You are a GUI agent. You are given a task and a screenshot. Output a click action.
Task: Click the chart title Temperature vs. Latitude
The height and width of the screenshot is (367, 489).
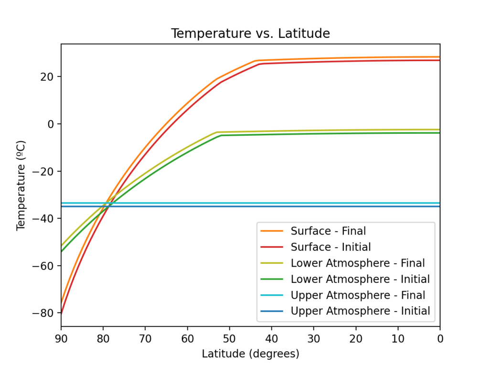(x=250, y=34)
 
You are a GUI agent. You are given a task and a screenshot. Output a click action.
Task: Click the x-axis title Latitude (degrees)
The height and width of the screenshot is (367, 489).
(x=250, y=354)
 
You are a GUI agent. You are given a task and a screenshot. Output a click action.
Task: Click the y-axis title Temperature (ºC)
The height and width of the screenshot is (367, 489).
(x=21, y=185)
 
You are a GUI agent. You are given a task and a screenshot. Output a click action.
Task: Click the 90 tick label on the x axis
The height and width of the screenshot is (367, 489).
(x=61, y=339)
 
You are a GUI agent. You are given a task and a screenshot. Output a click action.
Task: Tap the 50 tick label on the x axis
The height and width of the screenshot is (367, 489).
(x=230, y=339)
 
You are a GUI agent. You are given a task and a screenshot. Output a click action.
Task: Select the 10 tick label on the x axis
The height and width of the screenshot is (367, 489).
(x=398, y=339)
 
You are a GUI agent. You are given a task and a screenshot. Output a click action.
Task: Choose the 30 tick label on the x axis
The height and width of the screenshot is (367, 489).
(x=314, y=339)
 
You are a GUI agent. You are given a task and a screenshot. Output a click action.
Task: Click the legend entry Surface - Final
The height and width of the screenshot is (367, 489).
(x=328, y=231)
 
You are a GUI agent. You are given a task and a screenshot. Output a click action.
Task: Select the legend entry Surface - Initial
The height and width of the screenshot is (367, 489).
(x=330, y=247)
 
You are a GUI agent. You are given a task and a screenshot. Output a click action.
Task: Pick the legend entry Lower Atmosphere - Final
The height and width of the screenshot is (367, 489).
(x=358, y=263)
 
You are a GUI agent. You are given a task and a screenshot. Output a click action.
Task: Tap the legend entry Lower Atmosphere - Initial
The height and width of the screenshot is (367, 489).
(x=360, y=279)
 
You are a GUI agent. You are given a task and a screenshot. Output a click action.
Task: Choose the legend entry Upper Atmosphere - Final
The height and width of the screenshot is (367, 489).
(x=358, y=295)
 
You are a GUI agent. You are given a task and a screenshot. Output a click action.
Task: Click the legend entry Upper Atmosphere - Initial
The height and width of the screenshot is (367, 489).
(x=360, y=311)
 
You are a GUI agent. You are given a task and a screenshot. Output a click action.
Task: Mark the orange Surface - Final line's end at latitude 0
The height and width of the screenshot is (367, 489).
(x=439, y=57)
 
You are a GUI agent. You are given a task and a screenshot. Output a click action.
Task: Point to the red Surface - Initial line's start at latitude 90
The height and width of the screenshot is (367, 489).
(x=62, y=313)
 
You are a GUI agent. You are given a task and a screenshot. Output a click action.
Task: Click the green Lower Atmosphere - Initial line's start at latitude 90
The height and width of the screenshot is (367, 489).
(x=62, y=251)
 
